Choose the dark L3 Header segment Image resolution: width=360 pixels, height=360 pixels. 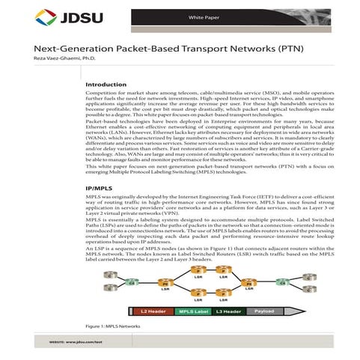(x=228, y=310)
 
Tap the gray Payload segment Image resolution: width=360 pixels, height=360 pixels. (x=263, y=310)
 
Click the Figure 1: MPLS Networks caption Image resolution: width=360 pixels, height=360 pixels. (x=113, y=326)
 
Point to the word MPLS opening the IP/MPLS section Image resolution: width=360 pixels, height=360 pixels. (x=94, y=196)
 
